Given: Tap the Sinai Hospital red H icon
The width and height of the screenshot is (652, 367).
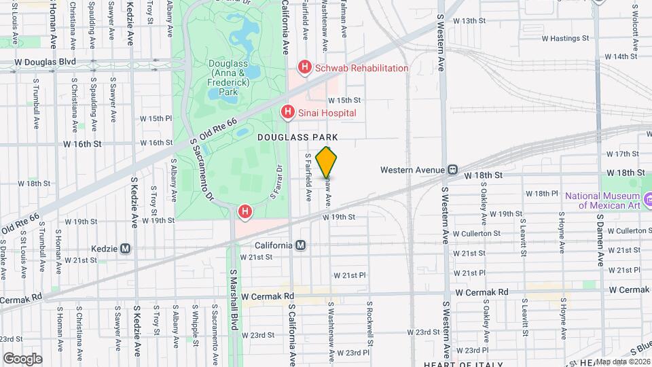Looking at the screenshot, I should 288,112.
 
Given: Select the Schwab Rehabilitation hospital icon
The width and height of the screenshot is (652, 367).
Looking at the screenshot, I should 305,68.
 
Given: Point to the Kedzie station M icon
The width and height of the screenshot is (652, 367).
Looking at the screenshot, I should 125,249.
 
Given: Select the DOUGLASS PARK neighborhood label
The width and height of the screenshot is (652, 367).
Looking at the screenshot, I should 297,137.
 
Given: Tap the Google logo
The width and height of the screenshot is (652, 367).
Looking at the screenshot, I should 22,358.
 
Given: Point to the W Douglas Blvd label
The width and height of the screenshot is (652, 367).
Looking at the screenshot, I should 46,62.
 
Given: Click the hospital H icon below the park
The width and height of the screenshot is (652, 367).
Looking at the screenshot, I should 244,213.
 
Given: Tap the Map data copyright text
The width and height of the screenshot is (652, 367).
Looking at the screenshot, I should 621,361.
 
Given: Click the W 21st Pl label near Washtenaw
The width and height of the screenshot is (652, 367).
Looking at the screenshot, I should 350,275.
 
